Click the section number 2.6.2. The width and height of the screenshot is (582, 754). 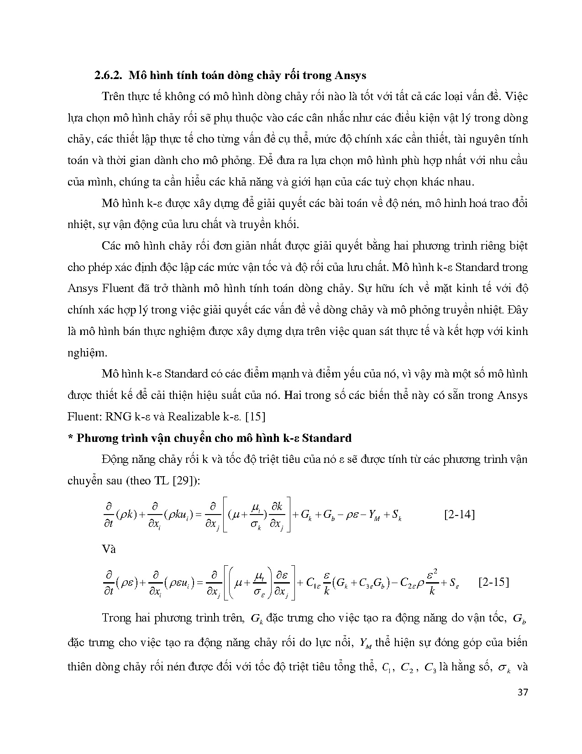click(x=109, y=75)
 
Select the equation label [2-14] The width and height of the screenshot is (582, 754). click(x=459, y=515)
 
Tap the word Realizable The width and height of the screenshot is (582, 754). click(x=194, y=416)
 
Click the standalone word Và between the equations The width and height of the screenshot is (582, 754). click(x=109, y=549)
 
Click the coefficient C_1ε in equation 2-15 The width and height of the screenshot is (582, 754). click(x=313, y=583)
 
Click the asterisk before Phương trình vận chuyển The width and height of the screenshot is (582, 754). click(x=70, y=438)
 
